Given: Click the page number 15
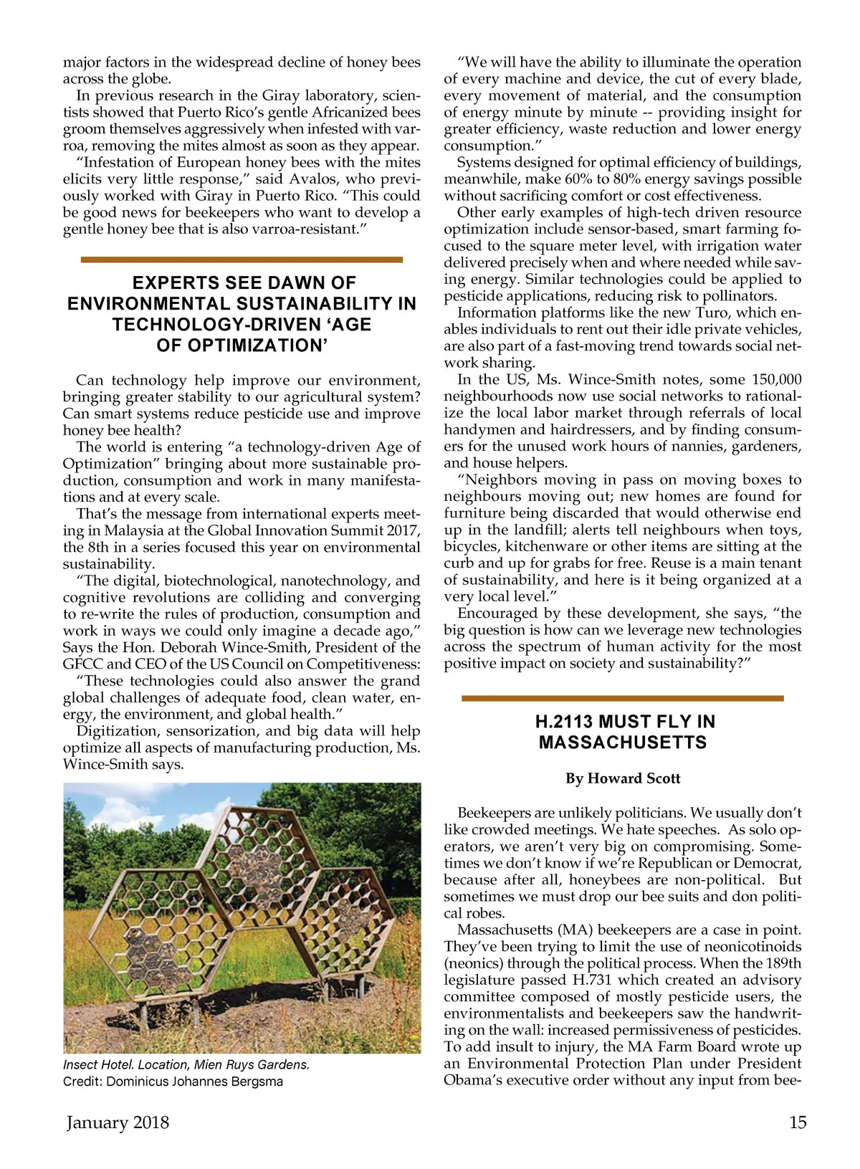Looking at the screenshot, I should (798, 1122).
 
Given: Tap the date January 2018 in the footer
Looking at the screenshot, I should (118, 1122).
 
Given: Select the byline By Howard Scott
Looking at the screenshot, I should (623, 778).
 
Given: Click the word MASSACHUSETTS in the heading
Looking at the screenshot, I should (623, 743).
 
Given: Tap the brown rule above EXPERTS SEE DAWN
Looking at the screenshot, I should (242, 259).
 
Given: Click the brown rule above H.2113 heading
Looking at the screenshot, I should (623, 698).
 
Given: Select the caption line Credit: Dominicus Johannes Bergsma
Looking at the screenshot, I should (173, 1082).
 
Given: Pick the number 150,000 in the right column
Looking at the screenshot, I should (776, 380).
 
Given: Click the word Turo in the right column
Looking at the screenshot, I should (711, 313).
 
